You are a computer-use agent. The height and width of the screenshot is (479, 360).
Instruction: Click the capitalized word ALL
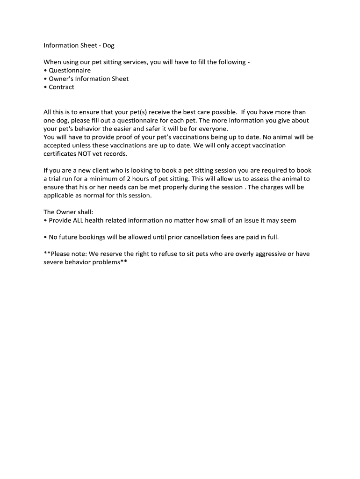79,220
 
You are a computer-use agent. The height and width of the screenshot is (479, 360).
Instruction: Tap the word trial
57,179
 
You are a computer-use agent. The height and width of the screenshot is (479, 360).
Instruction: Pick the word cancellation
204,237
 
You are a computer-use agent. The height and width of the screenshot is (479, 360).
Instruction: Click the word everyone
214,129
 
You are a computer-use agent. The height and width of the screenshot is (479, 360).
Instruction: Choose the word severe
53,262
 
